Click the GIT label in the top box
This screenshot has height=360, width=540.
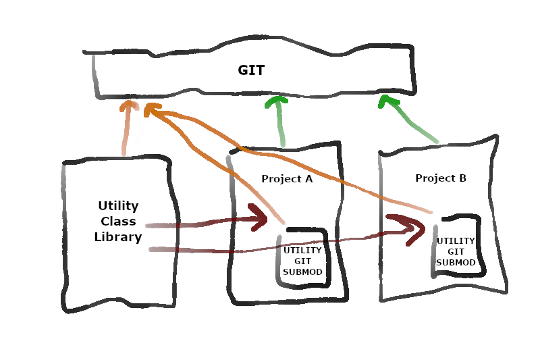251,70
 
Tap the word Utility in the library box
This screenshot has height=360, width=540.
118,206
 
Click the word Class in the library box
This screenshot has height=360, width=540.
118,222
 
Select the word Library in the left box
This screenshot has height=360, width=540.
118,237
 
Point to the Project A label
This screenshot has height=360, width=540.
287,179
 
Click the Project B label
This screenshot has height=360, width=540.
441,178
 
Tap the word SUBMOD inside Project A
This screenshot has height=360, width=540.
302,272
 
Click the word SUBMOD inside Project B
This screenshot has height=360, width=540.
456,263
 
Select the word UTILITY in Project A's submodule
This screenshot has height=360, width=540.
302,251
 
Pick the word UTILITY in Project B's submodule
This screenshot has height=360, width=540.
456,241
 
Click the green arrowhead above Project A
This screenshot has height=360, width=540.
275,102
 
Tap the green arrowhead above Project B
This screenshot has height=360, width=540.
387,102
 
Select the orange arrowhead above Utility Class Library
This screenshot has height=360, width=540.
128,106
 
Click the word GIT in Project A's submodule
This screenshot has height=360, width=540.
302,261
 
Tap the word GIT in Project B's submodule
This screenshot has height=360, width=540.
456,252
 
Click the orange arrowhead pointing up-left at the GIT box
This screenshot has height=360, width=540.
153,109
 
